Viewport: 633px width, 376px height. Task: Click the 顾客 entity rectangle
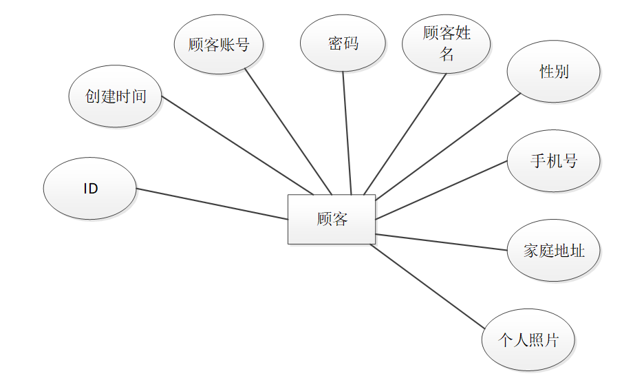331,219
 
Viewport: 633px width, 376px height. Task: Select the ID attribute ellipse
90,189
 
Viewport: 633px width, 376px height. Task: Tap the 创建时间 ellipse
116,96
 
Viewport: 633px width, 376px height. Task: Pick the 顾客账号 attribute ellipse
219,45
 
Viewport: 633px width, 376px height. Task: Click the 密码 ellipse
343,43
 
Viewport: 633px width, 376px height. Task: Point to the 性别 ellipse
554,72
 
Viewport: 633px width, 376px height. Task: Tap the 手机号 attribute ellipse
554,161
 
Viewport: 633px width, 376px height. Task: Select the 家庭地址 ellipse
554,251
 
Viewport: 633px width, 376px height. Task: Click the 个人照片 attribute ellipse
528,340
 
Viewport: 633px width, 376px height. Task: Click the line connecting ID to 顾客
212,204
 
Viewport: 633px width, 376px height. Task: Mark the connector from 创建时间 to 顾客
237,145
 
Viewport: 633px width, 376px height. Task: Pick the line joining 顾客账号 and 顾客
288,133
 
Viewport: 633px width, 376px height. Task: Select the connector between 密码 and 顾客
347,133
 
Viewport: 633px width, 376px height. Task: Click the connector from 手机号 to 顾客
441,191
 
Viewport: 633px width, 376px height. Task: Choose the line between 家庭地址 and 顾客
441,242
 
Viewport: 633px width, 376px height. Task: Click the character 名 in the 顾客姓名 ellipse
447,54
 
